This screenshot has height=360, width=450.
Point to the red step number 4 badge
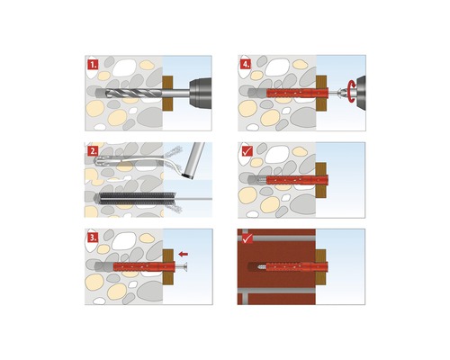click(x=246, y=65)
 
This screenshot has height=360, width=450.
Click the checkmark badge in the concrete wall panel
click(x=246, y=151)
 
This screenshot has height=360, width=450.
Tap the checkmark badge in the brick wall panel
click(x=246, y=238)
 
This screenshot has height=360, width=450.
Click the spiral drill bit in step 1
click(x=130, y=93)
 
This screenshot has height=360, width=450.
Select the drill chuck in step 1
click(x=193, y=92)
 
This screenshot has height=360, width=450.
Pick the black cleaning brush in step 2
click(x=131, y=194)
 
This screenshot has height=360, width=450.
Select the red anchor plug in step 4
click(x=292, y=92)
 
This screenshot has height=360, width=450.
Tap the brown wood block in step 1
click(x=167, y=93)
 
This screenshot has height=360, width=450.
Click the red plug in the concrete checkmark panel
click(x=292, y=178)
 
